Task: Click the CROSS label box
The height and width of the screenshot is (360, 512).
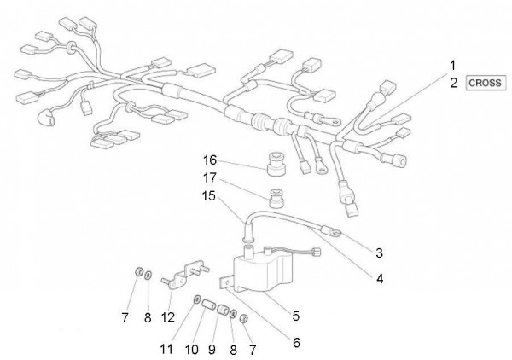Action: pos(486,83)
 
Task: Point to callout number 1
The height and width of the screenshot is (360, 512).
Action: pos(452,66)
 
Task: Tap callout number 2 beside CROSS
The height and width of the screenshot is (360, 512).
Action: pos(454,84)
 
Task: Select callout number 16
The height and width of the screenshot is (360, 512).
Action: pos(210,160)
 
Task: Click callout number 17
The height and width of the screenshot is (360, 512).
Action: pos(210,178)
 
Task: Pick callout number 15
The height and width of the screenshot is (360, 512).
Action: pos(209,196)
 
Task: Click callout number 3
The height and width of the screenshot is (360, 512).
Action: pos(379,253)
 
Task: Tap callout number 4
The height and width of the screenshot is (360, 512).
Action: pos(380,279)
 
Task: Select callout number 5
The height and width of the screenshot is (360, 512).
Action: pos(295,316)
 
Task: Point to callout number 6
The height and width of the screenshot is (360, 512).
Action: pos(296,343)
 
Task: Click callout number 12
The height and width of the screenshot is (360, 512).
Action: pos(168,317)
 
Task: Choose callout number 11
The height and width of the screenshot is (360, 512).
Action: pos(166,349)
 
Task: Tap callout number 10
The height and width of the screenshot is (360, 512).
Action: pos(192,350)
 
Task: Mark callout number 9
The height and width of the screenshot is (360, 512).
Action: pos(212,350)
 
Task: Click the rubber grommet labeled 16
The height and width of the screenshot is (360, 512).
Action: pos(275,163)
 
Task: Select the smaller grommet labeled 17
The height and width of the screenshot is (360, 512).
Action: pos(276,199)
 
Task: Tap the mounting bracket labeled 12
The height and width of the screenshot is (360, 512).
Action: pos(185,276)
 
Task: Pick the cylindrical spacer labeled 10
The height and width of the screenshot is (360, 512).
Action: pos(208,305)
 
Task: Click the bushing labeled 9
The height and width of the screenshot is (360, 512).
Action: pos(223,309)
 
